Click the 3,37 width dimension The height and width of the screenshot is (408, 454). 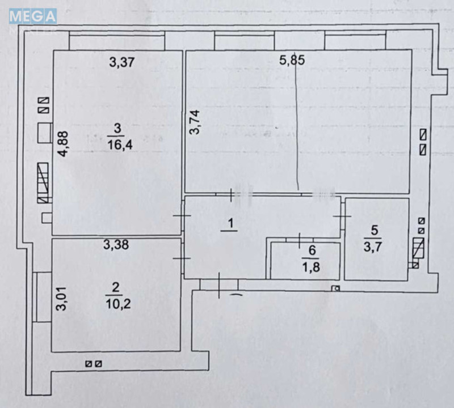(x=121, y=62)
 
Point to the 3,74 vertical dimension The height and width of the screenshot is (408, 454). (x=194, y=122)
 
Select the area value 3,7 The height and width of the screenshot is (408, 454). (x=373, y=247)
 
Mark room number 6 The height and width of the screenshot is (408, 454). (x=312, y=250)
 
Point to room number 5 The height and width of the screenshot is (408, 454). (x=373, y=231)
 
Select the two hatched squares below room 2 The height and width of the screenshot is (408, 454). (x=94, y=364)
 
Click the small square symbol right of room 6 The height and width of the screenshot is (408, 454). (x=335, y=289)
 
